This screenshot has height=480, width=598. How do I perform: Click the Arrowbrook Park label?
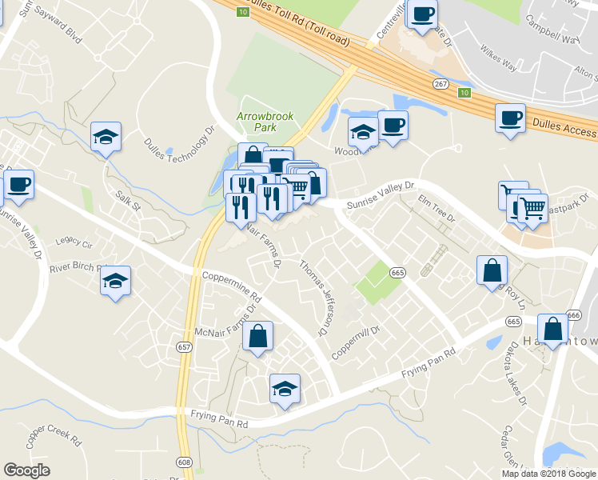pyautogui.click(x=265, y=122)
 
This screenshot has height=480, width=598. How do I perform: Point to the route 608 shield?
pyautogui.click(x=185, y=462)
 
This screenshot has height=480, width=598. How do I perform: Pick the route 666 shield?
pyautogui.click(x=572, y=315)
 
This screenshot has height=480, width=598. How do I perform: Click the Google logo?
pyautogui.click(x=27, y=470)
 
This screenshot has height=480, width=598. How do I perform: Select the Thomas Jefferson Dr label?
pyautogui.click(x=314, y=297)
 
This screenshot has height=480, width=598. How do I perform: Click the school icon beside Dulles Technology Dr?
pyautogui.click(x=106, y=138)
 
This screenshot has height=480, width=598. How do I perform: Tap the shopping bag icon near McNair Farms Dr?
pyautogui.click(x=257, y=338)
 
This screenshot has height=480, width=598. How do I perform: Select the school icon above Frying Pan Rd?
pyautogui.click(x=284, y=390)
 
